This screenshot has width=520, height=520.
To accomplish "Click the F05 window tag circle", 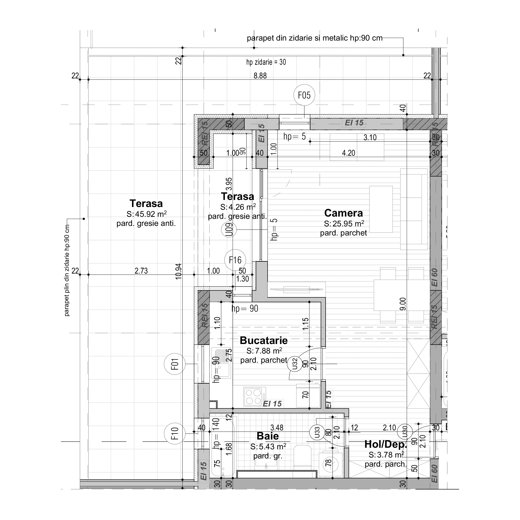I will [x=304, y=95].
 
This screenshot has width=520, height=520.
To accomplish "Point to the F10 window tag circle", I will [x=175, y=433].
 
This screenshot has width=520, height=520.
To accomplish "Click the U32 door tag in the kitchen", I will [x=295, y=364].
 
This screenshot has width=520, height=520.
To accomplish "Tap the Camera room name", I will [x=343, y=213].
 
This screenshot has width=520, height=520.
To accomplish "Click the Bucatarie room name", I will [x=264, y=341].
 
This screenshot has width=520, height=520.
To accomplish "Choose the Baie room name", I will [x=268, y=436].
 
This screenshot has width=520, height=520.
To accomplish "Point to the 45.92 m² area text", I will [x=147, y=214].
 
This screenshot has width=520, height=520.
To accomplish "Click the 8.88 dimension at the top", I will [x=260, y=76].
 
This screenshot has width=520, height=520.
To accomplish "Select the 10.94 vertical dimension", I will [x=179, y=271].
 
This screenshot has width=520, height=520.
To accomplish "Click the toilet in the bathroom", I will [x=302, y=456].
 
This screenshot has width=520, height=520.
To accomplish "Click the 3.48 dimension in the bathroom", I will [x=277, y=428].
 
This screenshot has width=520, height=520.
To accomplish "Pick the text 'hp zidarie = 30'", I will [x=266, y=62].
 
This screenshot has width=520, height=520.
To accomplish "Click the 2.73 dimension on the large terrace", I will [x=141, y=271].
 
